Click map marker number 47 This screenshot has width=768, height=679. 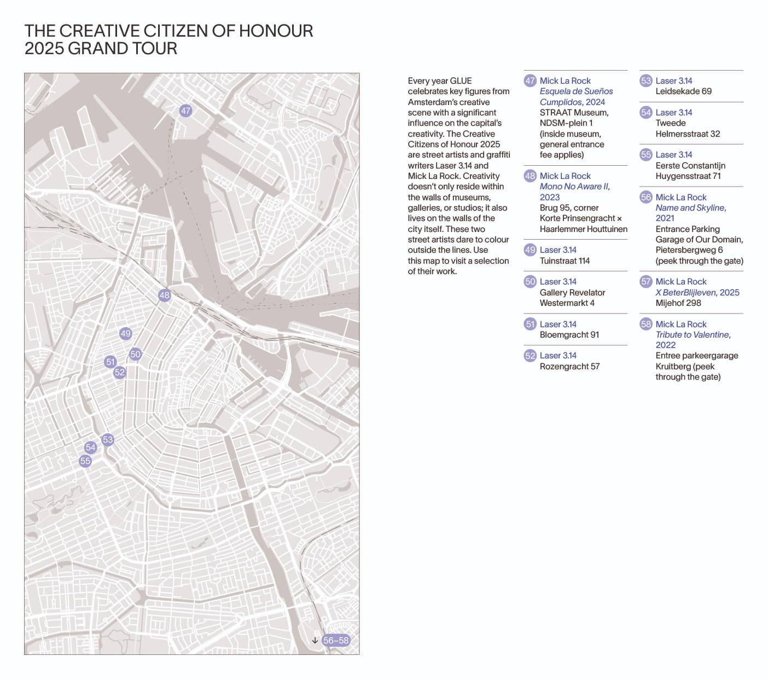185,111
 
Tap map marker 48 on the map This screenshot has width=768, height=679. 164,295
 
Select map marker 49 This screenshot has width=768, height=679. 125,333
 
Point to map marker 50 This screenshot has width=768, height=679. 135,354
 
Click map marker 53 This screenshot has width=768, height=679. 108,439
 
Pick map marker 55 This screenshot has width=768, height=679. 85,461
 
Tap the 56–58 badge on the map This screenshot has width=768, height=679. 335,640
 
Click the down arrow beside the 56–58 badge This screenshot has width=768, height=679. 315,640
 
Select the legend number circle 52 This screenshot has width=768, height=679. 530,356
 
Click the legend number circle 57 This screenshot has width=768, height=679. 646,282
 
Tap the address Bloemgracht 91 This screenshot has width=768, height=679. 569,335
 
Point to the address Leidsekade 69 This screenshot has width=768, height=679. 683,91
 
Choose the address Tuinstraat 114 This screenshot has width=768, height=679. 565,261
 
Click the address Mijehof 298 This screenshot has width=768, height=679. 678,303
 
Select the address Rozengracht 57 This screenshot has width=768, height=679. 569,367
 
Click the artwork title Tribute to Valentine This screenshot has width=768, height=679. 693,335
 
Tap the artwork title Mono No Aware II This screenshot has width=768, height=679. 574,187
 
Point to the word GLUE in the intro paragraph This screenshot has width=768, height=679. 461,81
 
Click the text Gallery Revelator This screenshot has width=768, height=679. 572,293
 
